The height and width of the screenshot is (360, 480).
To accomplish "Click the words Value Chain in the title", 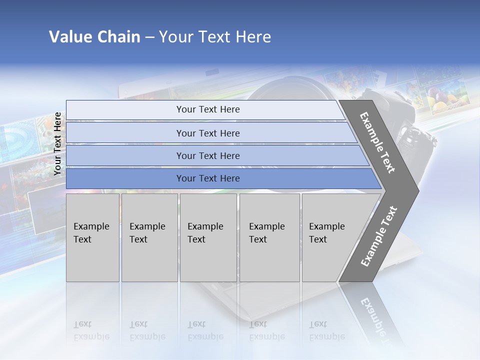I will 94,37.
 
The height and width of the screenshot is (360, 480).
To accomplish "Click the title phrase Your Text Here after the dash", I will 215,37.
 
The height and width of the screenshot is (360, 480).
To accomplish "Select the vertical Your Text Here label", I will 57,144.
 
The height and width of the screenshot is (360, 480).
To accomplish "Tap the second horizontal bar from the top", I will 208,133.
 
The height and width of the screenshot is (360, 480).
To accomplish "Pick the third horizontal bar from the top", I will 208,155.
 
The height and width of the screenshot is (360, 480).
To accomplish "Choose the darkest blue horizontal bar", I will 208,178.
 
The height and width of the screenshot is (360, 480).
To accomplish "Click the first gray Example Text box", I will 92,237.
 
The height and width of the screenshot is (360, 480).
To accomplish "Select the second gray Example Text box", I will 149,237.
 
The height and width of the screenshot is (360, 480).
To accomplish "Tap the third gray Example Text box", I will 208,237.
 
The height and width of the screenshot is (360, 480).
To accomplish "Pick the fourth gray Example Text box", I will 269,237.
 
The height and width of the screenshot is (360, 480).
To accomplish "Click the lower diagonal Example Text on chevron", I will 378,236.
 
